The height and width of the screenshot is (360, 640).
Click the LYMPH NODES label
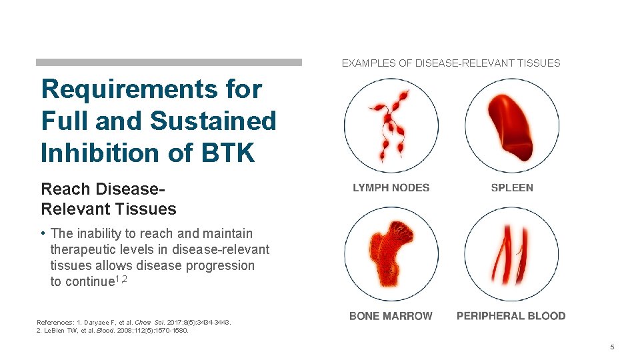391,188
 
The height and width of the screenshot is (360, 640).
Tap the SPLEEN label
512,188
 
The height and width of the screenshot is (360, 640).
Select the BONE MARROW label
391,316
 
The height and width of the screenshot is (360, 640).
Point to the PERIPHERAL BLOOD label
511,316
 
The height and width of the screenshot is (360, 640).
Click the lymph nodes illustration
391,126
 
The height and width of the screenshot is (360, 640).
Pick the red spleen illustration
511,124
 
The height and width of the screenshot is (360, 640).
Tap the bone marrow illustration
391,254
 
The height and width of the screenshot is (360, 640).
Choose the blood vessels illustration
511,254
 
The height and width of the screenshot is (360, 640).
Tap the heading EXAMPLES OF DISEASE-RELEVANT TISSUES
451,63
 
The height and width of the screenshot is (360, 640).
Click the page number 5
611,347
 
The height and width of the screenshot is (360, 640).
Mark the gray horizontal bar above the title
169,62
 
